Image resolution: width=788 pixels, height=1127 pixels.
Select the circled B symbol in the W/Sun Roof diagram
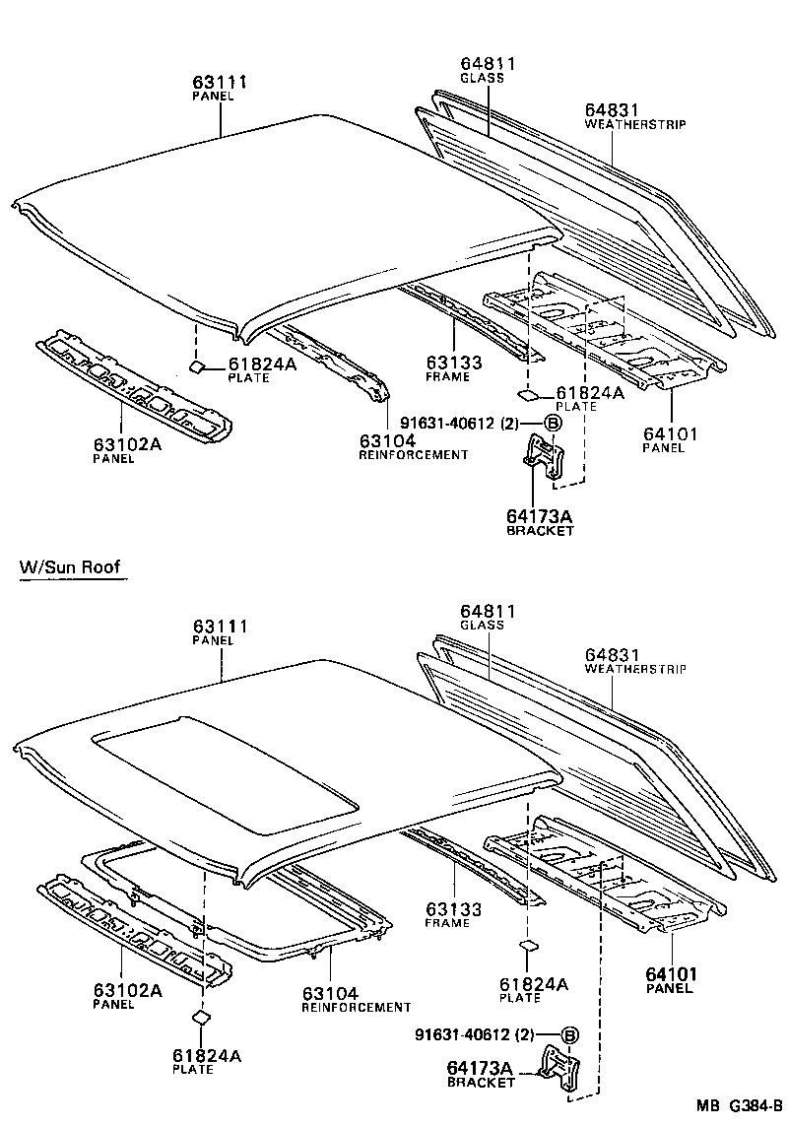[569, 1034]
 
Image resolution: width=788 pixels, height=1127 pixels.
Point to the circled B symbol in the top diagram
[553, 423]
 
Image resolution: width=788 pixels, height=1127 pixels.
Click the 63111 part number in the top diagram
[220, 83]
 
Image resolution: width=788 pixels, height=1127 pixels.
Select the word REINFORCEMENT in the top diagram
[413, 454]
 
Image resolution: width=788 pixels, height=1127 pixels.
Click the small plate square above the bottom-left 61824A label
[200, 1019]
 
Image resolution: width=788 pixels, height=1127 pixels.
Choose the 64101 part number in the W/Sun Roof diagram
[672, 974]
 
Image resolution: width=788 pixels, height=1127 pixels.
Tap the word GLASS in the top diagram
[482, 78]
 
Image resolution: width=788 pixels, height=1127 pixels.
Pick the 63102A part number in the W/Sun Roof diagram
[128, 990]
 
